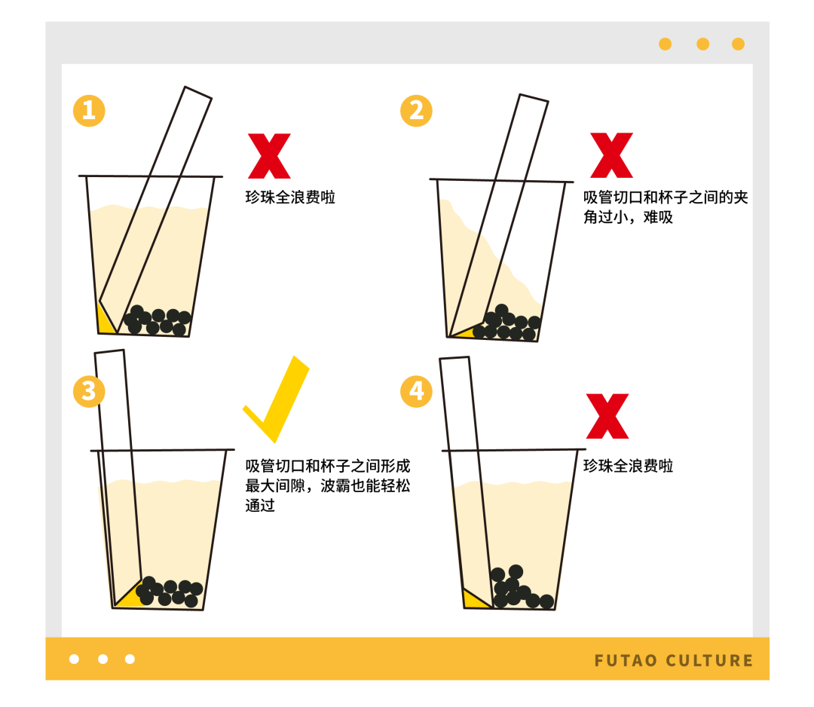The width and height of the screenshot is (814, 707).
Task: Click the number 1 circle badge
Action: (x=89, y=111)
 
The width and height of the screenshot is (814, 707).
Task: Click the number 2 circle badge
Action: (x=416, y=111)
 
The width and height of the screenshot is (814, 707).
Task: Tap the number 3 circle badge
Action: (x=89, y=391)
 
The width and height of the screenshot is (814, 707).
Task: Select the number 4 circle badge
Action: (x=416, y=391)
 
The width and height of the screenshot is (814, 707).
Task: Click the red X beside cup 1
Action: (x=269, y=156)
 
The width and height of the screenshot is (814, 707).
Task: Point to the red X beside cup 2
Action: (x=611, y=155)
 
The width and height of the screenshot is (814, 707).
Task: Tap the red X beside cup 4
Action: (x=607, y=416)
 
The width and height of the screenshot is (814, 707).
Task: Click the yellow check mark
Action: (x=276, y=399)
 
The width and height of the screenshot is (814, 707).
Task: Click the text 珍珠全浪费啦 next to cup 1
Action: (x=290, y=197)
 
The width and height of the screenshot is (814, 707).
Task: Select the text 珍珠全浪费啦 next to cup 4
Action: (x=628, y=466)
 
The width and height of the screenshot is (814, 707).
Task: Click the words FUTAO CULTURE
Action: (x=674, y=660)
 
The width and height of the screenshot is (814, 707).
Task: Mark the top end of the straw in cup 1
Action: (x=198, y=93)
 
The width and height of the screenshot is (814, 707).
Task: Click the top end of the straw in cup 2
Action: (x=534, y=97)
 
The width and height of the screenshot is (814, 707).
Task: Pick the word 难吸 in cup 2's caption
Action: (x=658, y=217)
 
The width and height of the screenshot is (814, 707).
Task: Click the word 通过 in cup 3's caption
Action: (x=260, y=505)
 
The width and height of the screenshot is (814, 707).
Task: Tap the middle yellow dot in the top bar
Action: (x=703, y=44)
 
